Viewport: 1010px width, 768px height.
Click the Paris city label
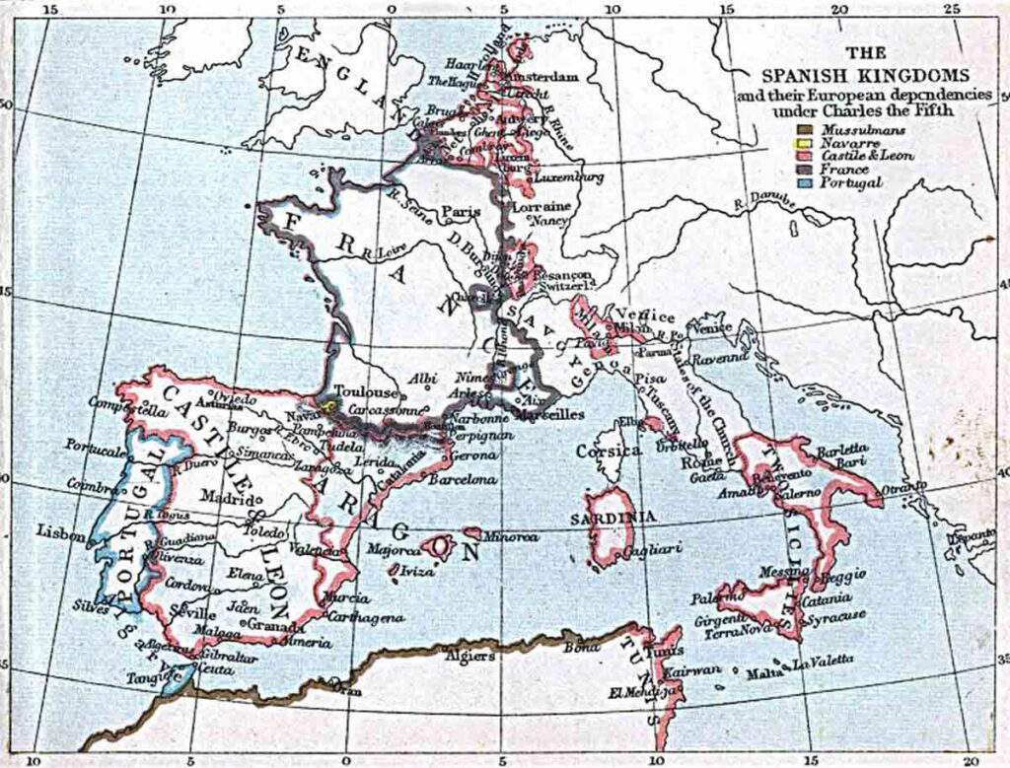[x=461, y=211]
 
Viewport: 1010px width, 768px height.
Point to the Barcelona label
[x=461, y=479]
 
